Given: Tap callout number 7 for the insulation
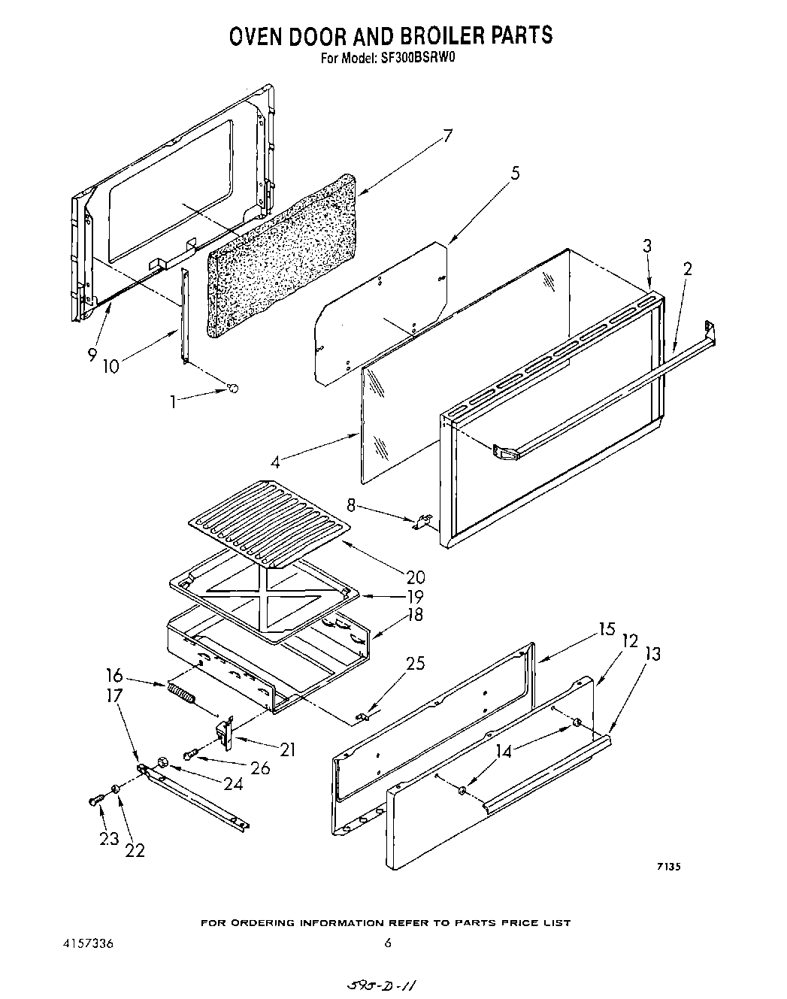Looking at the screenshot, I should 446,136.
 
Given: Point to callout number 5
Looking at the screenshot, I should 515,174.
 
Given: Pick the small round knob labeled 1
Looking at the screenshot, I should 234,388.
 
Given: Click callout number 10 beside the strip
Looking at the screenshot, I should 111,366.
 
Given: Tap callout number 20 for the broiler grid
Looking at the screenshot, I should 415,577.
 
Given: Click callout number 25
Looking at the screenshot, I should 415,663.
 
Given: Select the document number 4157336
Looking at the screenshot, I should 89,943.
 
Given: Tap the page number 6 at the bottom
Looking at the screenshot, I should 388,943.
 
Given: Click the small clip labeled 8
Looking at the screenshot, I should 422,521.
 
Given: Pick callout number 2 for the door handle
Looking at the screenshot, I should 686,268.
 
